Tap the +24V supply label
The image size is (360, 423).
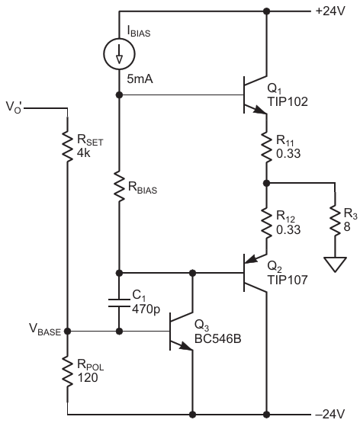tap(330, 11)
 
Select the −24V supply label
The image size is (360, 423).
tap(329, 414)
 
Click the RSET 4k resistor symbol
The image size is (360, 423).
tap(67, 146)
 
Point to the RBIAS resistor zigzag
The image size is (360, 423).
tap(119, 186)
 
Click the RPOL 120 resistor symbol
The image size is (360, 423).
tap(67, 371)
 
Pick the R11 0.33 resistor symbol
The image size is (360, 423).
tap(267, 147)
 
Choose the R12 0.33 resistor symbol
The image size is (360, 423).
tap(267, 223)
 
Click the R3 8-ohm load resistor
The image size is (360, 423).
tap(335, 221)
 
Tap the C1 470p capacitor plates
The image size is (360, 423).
tap(119, 303)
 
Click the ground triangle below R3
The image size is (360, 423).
tap(335, 264)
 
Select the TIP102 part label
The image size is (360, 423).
tap(288, 101)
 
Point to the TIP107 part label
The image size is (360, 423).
tap(288, 280)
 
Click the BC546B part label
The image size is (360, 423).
tap(218, 339)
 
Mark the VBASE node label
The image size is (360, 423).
tap(45, 330)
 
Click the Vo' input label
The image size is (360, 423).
tap(14, 107)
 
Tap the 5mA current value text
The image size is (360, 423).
tap(140, 79)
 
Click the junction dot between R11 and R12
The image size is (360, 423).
tap(267, 183)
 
